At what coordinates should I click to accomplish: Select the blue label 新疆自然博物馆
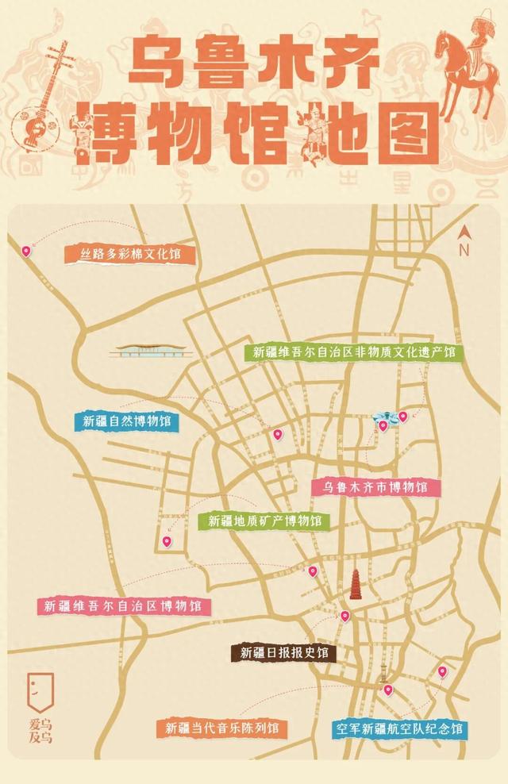click(125, 421)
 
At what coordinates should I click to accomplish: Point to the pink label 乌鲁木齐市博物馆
click(375, 487)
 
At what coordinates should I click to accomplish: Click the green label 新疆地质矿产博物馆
click(264, 521)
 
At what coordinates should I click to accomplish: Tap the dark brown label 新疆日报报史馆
click(283, 653)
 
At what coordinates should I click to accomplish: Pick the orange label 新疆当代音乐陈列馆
click(221, 728)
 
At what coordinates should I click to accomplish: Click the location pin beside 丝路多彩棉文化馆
click(26, 251)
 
